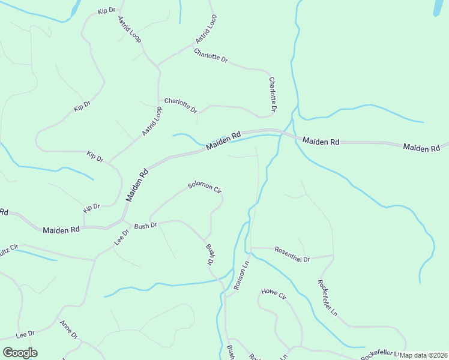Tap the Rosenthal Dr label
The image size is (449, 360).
(292, 255)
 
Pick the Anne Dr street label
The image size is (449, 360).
(68, 329)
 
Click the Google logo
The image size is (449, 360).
(20, 353)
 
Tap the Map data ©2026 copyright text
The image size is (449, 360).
(423, 355)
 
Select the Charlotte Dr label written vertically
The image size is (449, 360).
(273, 95)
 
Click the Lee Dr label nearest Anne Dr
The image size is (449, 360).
(25, 334)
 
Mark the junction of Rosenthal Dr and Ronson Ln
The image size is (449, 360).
(250, 247)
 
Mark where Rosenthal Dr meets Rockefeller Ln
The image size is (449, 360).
(333, 256)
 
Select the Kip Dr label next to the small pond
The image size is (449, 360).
(106, 11)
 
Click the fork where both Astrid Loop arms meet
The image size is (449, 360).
(158, 65)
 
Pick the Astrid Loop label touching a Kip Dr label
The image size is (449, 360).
(130, 29)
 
